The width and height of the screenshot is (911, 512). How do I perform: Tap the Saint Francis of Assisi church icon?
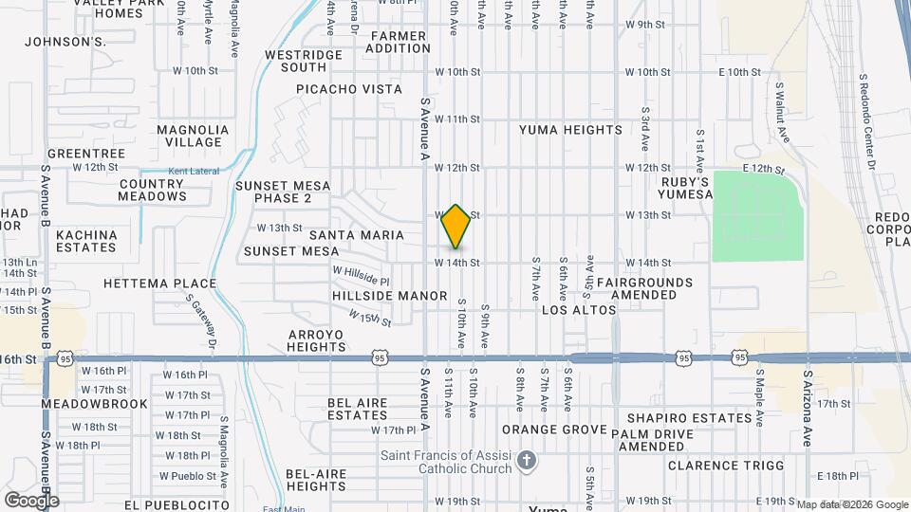(x=528, y=462)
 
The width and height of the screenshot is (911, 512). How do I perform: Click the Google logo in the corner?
(x=31, y=500)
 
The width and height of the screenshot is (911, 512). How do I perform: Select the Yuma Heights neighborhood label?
(x=570, y=130)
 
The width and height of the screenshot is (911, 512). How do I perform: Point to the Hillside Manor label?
(x=389, y=296)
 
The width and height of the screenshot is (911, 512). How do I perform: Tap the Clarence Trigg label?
(x=726, y=466)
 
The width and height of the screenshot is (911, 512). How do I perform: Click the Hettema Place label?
(x=159, y=283)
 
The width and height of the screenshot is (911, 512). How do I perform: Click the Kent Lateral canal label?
(x=194, y=172)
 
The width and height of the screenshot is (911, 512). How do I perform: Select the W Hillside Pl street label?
(x=361, y=275)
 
